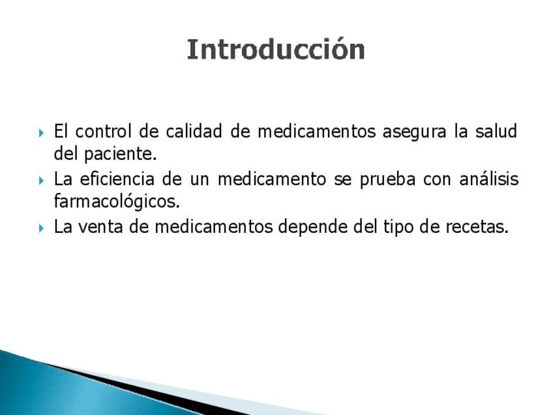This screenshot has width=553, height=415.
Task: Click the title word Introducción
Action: click(276, 49)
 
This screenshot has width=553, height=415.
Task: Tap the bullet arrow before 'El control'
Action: click(41, 133)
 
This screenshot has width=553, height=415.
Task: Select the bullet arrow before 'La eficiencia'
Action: click(41, 181)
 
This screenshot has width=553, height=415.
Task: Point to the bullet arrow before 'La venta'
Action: click(41, 228)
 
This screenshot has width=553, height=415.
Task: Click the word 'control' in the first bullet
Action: click(103, 131)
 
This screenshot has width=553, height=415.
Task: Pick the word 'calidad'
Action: click(194, 131)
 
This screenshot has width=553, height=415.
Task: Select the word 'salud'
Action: click(496, 131)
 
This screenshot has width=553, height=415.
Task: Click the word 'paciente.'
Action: click(120, 155)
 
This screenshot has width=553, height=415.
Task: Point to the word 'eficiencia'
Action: click(117, 179)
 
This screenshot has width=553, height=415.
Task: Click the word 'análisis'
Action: click(489, 179)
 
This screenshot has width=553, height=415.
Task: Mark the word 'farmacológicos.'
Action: click(117, 202)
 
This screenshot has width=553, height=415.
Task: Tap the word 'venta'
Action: click(100, 226)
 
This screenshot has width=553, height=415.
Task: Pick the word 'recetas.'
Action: click(477, 226)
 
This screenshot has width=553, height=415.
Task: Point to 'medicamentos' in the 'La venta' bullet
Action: click(214, 226)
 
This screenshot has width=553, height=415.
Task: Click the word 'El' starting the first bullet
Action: click(60, 131)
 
